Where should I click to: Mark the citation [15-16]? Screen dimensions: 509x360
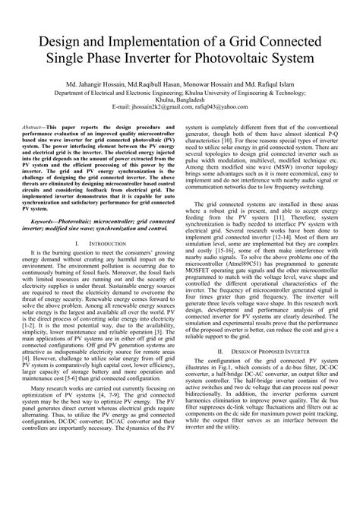[230, 270]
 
